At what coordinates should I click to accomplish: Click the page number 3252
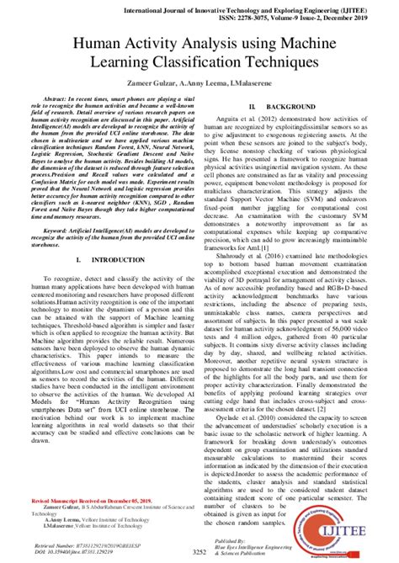[199, 551]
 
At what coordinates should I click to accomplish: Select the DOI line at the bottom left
[80, 552]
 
